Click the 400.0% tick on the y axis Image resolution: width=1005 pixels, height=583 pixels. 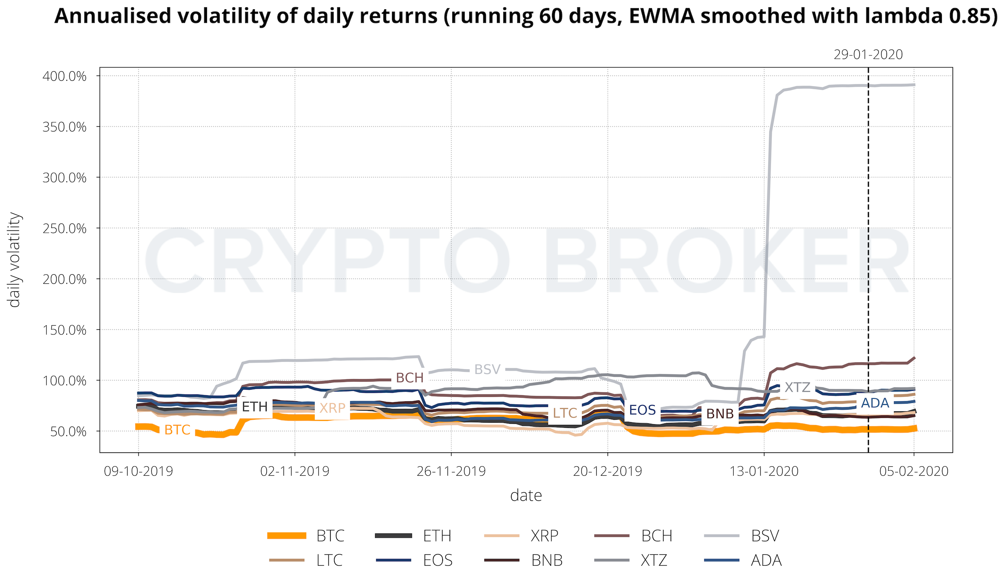(x=64, y=76)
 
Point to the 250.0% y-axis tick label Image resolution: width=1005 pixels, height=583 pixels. (x=64, y=228)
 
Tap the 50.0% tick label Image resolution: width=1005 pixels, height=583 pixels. (x=68, y=431)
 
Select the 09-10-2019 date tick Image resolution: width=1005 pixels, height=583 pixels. (x=138, y=471)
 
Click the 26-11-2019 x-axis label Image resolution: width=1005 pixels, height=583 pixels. (x=451, y=471)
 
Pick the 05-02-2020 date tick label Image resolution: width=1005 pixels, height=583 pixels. (x=914, y=471)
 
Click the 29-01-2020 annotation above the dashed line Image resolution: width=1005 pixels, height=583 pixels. (x=868, y=55)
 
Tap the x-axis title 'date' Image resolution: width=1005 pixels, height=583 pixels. (x=526, y=496)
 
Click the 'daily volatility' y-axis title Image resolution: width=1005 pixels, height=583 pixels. (x=14, y=260)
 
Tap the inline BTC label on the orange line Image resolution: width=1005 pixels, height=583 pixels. (x=177, y=430)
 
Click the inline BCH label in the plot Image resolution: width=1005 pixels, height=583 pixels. (x=410, y=378)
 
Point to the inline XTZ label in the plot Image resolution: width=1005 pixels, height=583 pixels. (x=797, y=387)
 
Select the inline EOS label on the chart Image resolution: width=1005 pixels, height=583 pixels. (x=642, y=410)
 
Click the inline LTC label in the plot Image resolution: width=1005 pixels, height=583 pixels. (x=565, y=413)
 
